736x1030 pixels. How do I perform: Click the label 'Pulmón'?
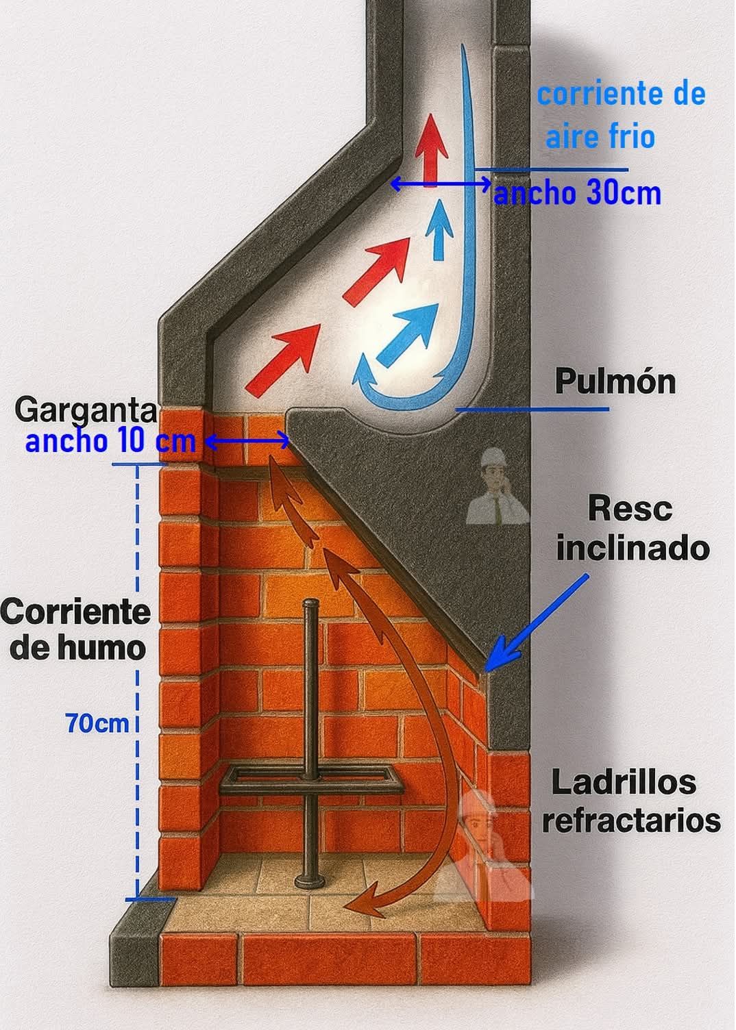615,381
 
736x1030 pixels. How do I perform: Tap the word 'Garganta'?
86,411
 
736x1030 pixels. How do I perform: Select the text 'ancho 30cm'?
577,194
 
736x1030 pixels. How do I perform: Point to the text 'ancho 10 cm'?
110,441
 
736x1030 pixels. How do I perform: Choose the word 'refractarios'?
631,820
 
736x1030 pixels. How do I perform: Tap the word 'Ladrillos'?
624,783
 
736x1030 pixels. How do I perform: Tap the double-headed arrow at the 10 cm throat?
247,442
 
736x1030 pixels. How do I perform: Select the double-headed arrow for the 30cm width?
440,184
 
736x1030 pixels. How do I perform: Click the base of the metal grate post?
309,881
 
